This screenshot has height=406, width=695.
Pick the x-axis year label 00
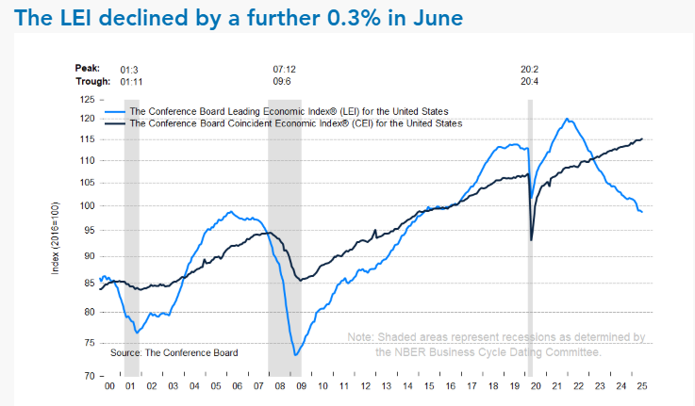[110, 387]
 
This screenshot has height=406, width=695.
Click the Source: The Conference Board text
[174, 352]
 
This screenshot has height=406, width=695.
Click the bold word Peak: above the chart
[89, 69]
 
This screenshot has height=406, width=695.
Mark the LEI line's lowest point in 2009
[296, 355]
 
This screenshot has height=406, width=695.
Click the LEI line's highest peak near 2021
[567, 119]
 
